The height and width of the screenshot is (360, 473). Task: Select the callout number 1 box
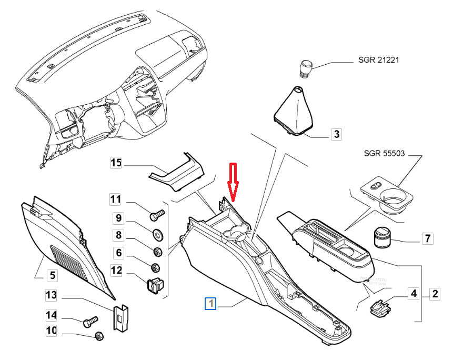(x=211, y=304)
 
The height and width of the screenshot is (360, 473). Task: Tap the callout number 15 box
(x=116, y=163)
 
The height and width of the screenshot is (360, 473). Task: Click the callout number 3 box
(x=336, y=135)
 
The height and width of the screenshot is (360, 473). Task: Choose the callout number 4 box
(x=414, y=294)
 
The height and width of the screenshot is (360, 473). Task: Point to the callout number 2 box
(x=435, y=294)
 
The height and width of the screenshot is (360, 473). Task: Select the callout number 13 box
(x=51, y=296)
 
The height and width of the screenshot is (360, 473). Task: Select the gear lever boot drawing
(x=295, y=110)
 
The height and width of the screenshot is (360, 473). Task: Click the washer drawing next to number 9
(x=156, y=233)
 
